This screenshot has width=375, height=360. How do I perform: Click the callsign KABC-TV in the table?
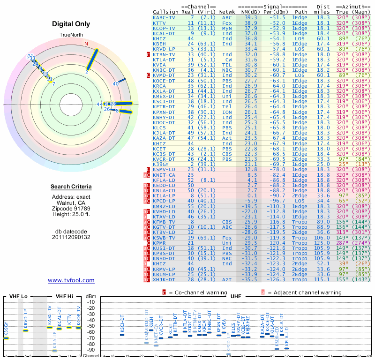[x=164, y=17]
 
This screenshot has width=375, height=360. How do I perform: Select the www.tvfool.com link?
[x=71, y=280]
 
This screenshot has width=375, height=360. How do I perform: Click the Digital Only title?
[x=71, y=24]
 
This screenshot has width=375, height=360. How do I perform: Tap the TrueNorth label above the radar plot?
[x=71, y=36]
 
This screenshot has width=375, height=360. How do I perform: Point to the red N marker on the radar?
[x=86, y=44]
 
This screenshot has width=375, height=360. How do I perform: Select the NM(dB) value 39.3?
[x=250, y=17]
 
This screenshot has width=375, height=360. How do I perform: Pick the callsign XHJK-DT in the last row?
[x=164, y=279]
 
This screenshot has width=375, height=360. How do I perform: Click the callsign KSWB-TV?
[x=164, y=238]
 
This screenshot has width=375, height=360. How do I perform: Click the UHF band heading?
[x=236, y=296]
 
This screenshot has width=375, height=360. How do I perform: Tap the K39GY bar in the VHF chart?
[x=6, y=338]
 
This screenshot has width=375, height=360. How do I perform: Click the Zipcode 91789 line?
[x=71, y=208]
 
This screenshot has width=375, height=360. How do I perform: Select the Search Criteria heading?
[x=71, y=187]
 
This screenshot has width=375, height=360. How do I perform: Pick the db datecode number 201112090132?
[x=71, y=237]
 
